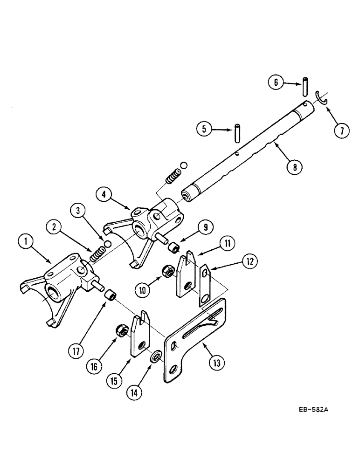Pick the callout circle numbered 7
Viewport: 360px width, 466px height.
pyautogui.click(x=342, y=131)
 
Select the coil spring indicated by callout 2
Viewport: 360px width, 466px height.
pyautogui.click(x=97, y=255)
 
